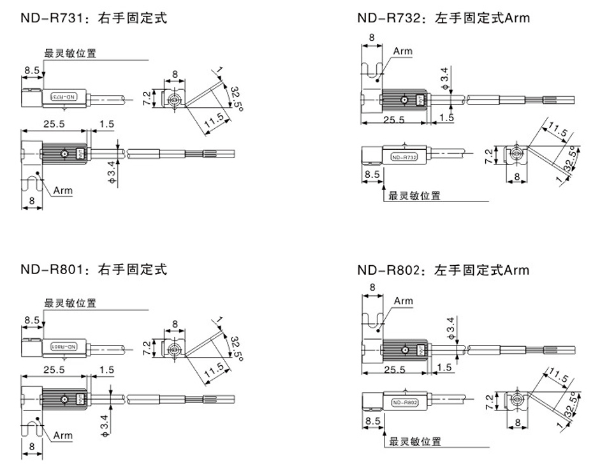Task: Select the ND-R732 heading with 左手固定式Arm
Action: tap(443, 18)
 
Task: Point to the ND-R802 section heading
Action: tap(443, 270)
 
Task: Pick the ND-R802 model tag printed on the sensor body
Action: tap(403, 402)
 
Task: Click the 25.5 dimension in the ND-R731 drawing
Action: tap(53, 124)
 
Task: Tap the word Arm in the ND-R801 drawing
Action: tap(63, 435)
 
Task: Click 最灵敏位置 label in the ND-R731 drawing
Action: tap(70, 54)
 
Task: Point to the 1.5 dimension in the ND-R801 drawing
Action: tap(106, 370)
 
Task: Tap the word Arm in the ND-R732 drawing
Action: tap(402, 51)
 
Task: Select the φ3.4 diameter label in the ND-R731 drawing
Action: tap(113, 172)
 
